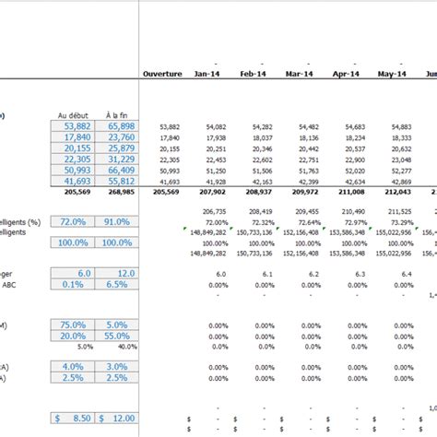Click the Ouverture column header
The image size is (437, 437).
coord(163,74)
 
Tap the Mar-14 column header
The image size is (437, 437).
coord(300,74)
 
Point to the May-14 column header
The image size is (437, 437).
coord(393,74)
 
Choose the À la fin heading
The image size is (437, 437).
coord(115,115)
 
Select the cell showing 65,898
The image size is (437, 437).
coord(115,126)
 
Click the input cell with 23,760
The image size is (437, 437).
coord(115,137)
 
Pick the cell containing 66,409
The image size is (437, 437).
coord(115,171)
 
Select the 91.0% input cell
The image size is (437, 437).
coord(115,222)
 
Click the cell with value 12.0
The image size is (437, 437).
coord(115,274)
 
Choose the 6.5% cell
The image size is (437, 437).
coord(115,285)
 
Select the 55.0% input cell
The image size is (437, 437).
coord(115,337)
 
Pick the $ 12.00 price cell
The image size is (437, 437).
coord(115,418)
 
